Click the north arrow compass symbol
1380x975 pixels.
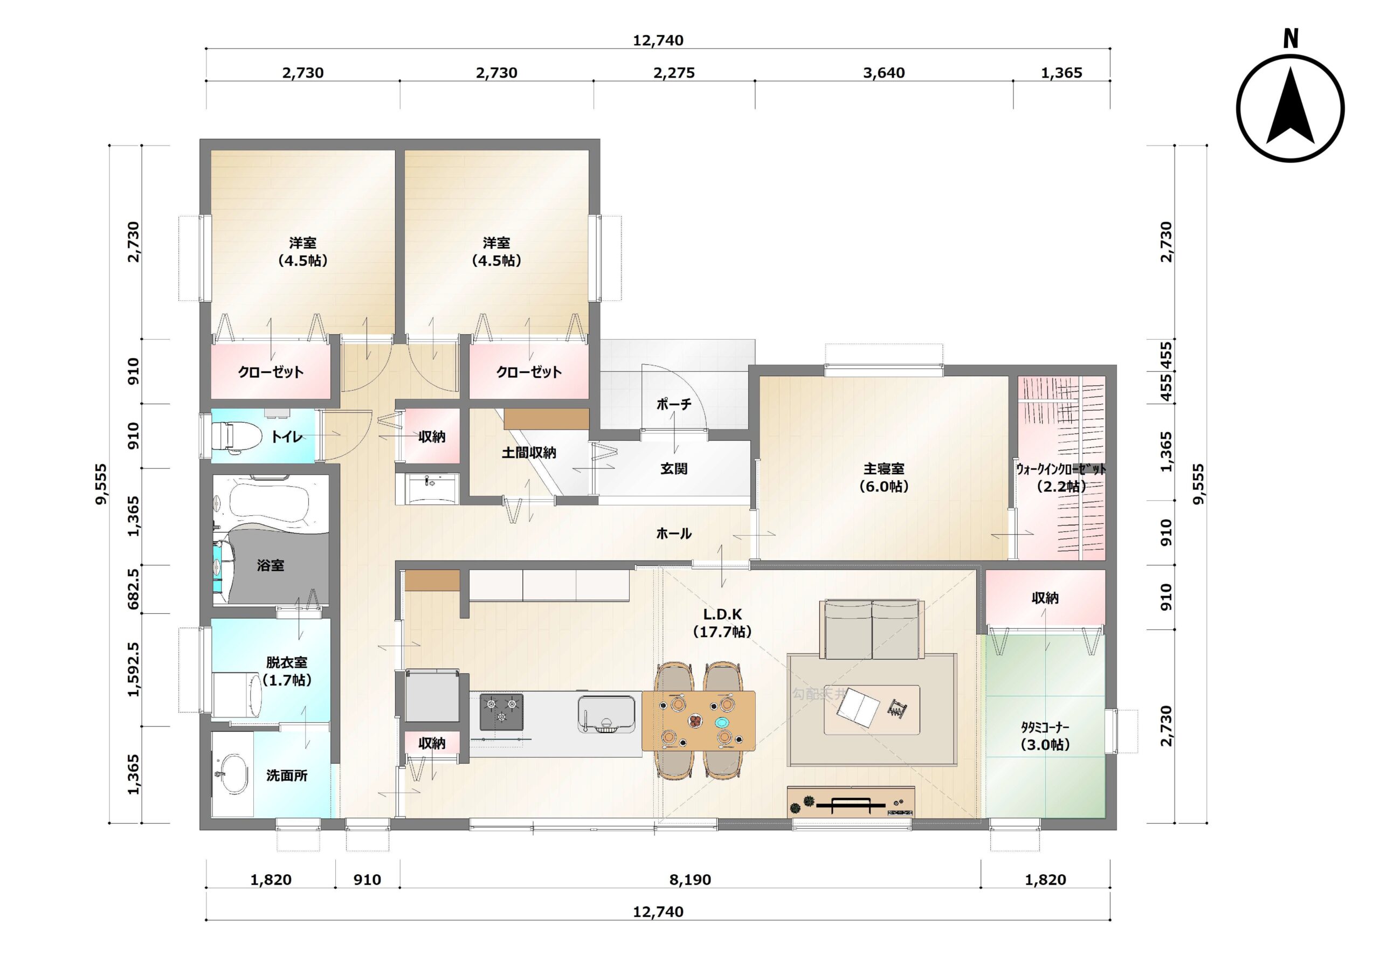tap(1291, 108)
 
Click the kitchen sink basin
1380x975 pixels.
tap(606, 714)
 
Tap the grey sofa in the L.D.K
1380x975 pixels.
tap(871, 630)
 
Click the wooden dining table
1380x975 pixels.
tap(699, 721)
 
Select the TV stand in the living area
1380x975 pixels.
tap(851, 802)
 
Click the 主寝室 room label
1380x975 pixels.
tap(884, 468)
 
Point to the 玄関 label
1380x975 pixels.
tap(674, 468)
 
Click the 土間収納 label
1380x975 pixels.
tap(529, 453)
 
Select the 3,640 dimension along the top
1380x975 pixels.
tap(884, 73)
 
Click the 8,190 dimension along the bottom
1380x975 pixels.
tap(690, 880)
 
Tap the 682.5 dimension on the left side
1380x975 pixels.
tap(134, 589)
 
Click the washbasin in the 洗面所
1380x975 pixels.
tap(231, 774)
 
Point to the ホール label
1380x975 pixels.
tap(674, 533)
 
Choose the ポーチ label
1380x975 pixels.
tap(674, 404)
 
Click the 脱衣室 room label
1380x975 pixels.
tap(287, 662)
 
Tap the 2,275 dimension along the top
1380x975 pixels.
tap(674, 73)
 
